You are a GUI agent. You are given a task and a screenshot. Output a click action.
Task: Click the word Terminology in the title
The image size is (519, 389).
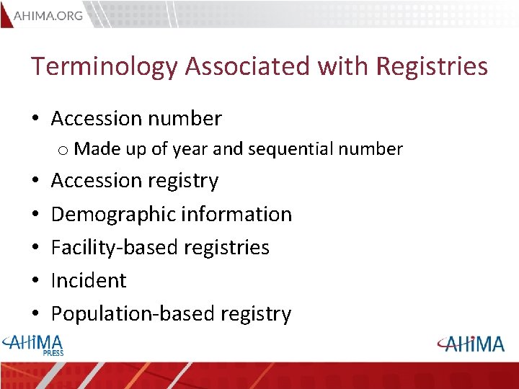[104, 66]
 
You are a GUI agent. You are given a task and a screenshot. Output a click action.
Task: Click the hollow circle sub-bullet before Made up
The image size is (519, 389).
[63, 150]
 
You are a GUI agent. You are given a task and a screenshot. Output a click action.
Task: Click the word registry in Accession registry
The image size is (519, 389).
[185, 181]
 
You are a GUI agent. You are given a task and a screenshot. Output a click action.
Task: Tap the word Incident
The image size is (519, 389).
[89, 280]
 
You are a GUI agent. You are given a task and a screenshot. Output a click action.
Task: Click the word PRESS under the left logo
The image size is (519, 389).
[53, 353]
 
